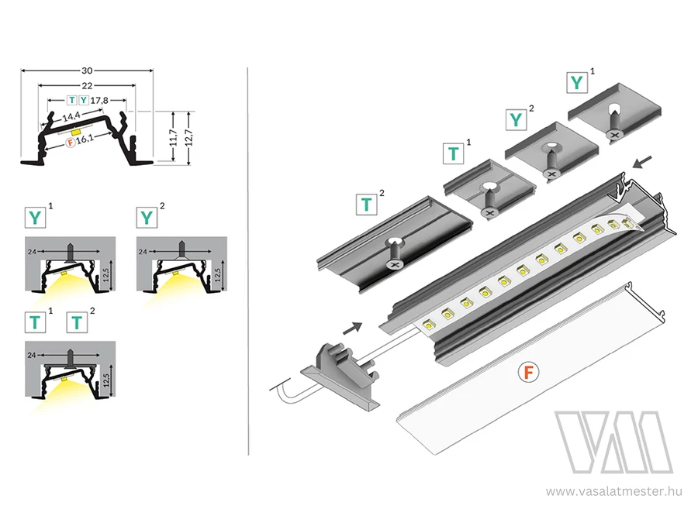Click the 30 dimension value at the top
coord(86,68)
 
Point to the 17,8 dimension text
coord(99,100)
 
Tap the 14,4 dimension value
coord(72,117)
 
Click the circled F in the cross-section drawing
coord(71,143)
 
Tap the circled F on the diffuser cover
coord(527,373)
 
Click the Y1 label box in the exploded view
coord(576,82)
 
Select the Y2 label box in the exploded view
coord(516,119)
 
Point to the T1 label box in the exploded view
coord(453,153)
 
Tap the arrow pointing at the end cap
coord(352,327)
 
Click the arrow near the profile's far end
coord(643,163)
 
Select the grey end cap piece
coord(338,372)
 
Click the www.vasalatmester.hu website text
coord(613,490)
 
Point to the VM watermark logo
coord(613,442)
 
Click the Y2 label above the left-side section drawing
coord(144,216)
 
